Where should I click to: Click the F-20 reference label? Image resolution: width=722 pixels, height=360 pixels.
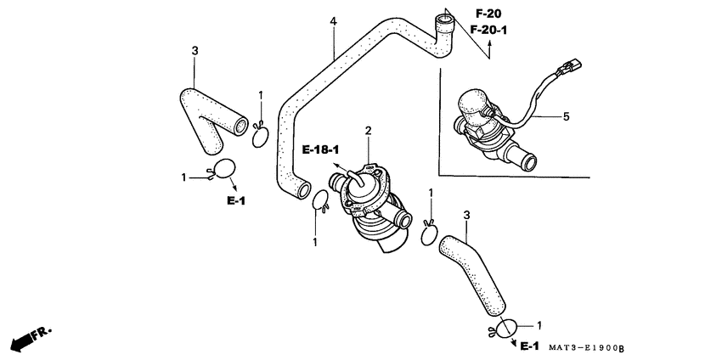click(x=488, y=14)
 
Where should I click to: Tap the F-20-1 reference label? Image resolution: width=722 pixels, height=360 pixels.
click(x=488, y=31)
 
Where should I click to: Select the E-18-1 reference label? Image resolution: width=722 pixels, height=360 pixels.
click(x=320, y=149)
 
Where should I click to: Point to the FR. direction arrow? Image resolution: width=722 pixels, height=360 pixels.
click(x=31, y=340)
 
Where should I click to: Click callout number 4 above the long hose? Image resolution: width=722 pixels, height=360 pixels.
click(x=333, y=21)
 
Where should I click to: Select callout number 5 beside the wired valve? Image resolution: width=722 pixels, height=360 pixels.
click(x=566, y=117)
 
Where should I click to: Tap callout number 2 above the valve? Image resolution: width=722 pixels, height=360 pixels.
click(x=369, y=131)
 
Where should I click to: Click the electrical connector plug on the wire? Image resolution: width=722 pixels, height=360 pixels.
click(x=569, y=68)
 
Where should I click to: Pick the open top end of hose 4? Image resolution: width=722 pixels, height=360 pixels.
click(x=445, y=20)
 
